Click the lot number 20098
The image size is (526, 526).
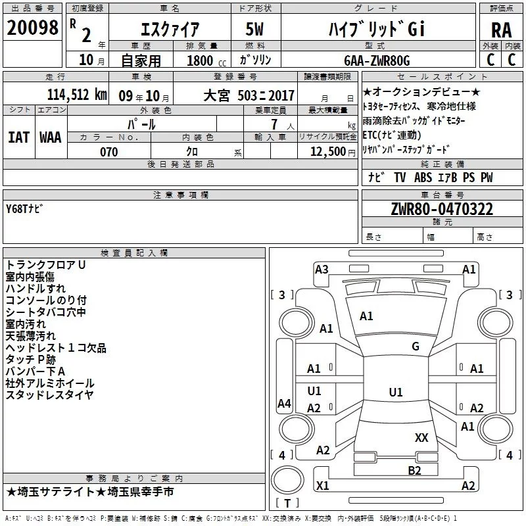[32, 28]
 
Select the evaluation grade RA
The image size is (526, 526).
[502, 30]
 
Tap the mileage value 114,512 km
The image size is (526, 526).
[77, 95]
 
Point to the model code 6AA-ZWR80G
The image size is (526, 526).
[377, 60]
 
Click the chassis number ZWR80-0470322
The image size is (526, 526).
[442, 209]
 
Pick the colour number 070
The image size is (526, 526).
[109, 152]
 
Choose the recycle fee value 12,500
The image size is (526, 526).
[327, 152]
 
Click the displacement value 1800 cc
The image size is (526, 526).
[206, 60]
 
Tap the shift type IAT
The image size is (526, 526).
[18, 137]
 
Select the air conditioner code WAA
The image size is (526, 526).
[51, 137]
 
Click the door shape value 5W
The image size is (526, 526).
[254, 29]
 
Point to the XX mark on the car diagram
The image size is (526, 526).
[421, 438]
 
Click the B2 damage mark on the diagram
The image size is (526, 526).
[414, 471]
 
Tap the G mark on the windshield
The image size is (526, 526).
[416, 347]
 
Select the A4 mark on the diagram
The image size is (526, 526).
[284, 403]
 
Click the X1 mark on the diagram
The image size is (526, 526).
[322, 485]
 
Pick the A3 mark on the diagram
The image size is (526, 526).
[322, 270]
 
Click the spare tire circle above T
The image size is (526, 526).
[287, 479]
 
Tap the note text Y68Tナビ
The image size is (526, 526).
[24, 208]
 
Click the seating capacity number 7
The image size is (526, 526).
[274, 124]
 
